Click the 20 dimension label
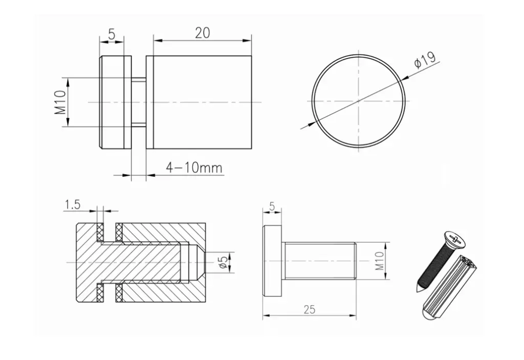(x=203, y=33)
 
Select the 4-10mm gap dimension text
(x=194, y=167)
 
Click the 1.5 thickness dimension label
(x=73, y=204)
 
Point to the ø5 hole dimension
(x=224, y=262)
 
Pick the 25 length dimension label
(x=310, y=309)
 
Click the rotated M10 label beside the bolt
(x=380, y=261)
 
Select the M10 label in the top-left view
(x=60, y=102)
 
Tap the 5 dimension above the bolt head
(x=272, y=206)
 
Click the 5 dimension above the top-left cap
(x=112, y=34)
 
